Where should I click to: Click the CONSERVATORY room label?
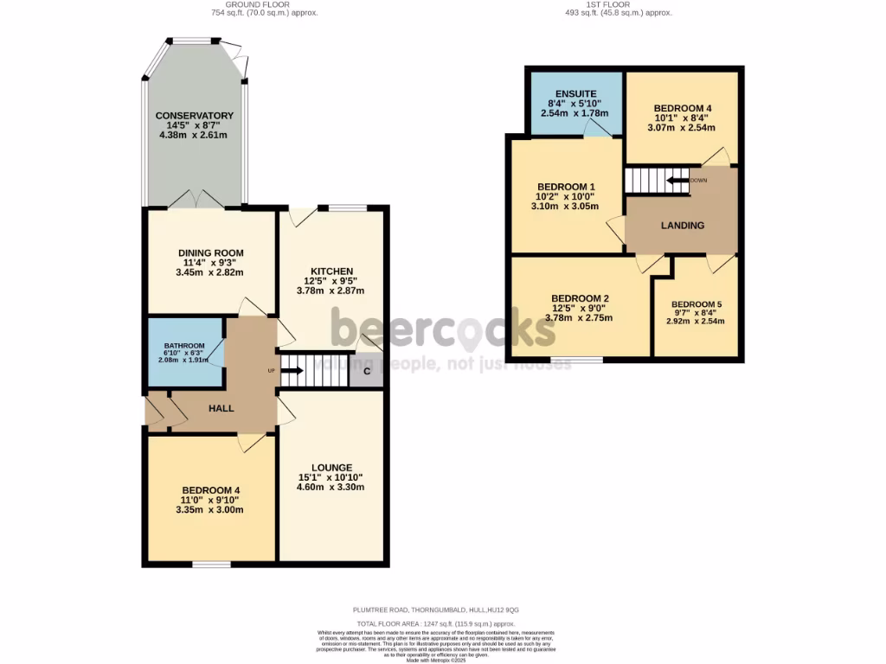195,116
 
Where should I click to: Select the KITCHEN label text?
332,271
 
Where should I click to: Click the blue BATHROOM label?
184,346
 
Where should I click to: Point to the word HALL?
221,408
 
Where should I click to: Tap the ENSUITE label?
575,93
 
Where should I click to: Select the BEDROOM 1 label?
566,187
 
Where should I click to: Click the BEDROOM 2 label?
580,298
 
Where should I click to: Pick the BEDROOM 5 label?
696,304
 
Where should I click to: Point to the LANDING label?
683,226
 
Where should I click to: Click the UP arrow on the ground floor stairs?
291,371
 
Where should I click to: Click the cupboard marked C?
367,372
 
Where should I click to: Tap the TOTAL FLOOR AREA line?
436,623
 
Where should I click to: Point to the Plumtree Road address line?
436,609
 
